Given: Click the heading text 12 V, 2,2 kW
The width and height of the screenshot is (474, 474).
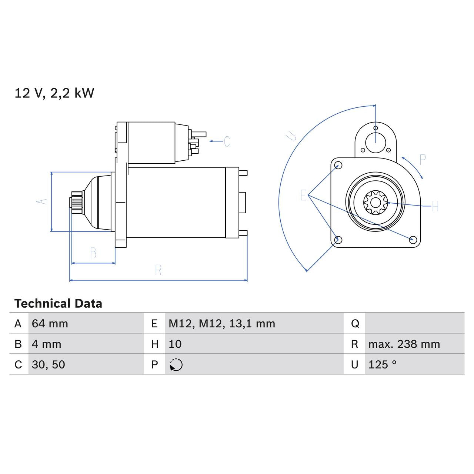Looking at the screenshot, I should (54, 93).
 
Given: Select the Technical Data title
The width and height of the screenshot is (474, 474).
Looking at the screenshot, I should (58, 304).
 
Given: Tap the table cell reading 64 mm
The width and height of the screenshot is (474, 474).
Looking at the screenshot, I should (50, 324).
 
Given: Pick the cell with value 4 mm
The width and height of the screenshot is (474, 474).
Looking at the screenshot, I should (46, 344).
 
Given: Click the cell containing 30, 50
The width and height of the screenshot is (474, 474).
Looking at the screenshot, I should (49, 364).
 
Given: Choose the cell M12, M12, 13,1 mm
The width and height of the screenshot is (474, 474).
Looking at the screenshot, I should (222, 324).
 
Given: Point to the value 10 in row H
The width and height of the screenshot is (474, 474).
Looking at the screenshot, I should (175, 344).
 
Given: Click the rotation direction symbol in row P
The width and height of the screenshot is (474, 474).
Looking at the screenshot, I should (176, 365).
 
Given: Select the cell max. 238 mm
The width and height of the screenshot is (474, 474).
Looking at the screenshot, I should (404, 344).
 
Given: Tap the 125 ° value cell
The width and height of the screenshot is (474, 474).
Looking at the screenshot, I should (382, 364).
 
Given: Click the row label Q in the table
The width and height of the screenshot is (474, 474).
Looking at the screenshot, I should (355, 324).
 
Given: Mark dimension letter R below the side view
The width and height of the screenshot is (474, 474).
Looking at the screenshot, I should (158, 270).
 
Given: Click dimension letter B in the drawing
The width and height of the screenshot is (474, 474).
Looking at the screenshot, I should (93, 253).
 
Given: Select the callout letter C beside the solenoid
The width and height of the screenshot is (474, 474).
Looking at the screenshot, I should (227, 141).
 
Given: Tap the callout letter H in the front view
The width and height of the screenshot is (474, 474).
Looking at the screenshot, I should (435, 206).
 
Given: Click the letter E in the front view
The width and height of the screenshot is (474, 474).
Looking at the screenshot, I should (303, 195).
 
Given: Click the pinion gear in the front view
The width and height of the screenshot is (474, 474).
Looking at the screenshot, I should (375, 202).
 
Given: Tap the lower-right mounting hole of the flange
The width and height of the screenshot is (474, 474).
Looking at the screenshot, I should (413, 240).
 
